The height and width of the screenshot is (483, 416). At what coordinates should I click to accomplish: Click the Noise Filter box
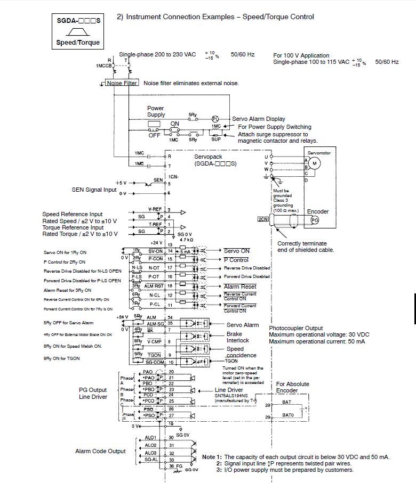click(122, 83)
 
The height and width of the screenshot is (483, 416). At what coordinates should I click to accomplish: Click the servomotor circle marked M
click(314, 162)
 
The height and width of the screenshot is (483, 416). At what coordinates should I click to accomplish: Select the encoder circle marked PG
click(315, 219)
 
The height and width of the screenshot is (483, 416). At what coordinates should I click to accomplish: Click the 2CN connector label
click(262, 219)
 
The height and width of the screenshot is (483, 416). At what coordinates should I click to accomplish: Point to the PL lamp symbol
click(215, 119)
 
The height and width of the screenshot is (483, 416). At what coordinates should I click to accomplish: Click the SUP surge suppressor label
click(215, 139)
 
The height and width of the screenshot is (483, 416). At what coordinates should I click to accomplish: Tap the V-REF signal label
click(155, 209)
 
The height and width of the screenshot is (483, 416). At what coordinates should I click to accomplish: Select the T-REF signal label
click(155, 224)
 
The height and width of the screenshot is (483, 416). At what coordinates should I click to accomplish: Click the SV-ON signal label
click(155, 250)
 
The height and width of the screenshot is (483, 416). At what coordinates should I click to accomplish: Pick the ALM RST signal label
click(155, 286)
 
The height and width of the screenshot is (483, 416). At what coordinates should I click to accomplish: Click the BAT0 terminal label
click(288, 414)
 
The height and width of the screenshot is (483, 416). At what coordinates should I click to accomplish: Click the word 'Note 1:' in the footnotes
click(212, 457)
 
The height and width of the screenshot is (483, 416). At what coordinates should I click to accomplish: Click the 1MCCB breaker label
click(103, 66)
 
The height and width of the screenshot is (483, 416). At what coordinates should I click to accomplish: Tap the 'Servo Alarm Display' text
click(259, 119)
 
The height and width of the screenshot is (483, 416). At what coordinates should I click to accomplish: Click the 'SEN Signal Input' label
click(94, 190)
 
